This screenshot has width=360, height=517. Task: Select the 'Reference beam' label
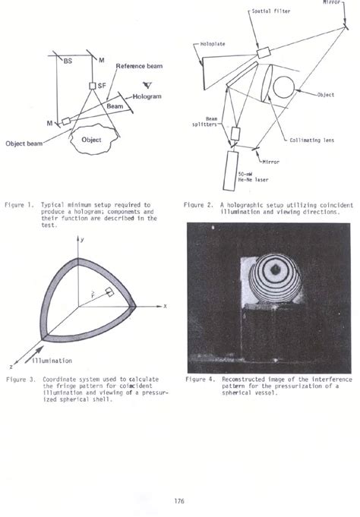click(x=140, y=66)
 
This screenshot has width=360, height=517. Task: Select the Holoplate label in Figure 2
click(x=217, y=44)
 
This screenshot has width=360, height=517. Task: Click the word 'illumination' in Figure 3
click(x=54, y=361)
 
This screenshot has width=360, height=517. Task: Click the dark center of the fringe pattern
click(x=274, y=269)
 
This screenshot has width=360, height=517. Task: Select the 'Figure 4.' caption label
click(x=201, y=377)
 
